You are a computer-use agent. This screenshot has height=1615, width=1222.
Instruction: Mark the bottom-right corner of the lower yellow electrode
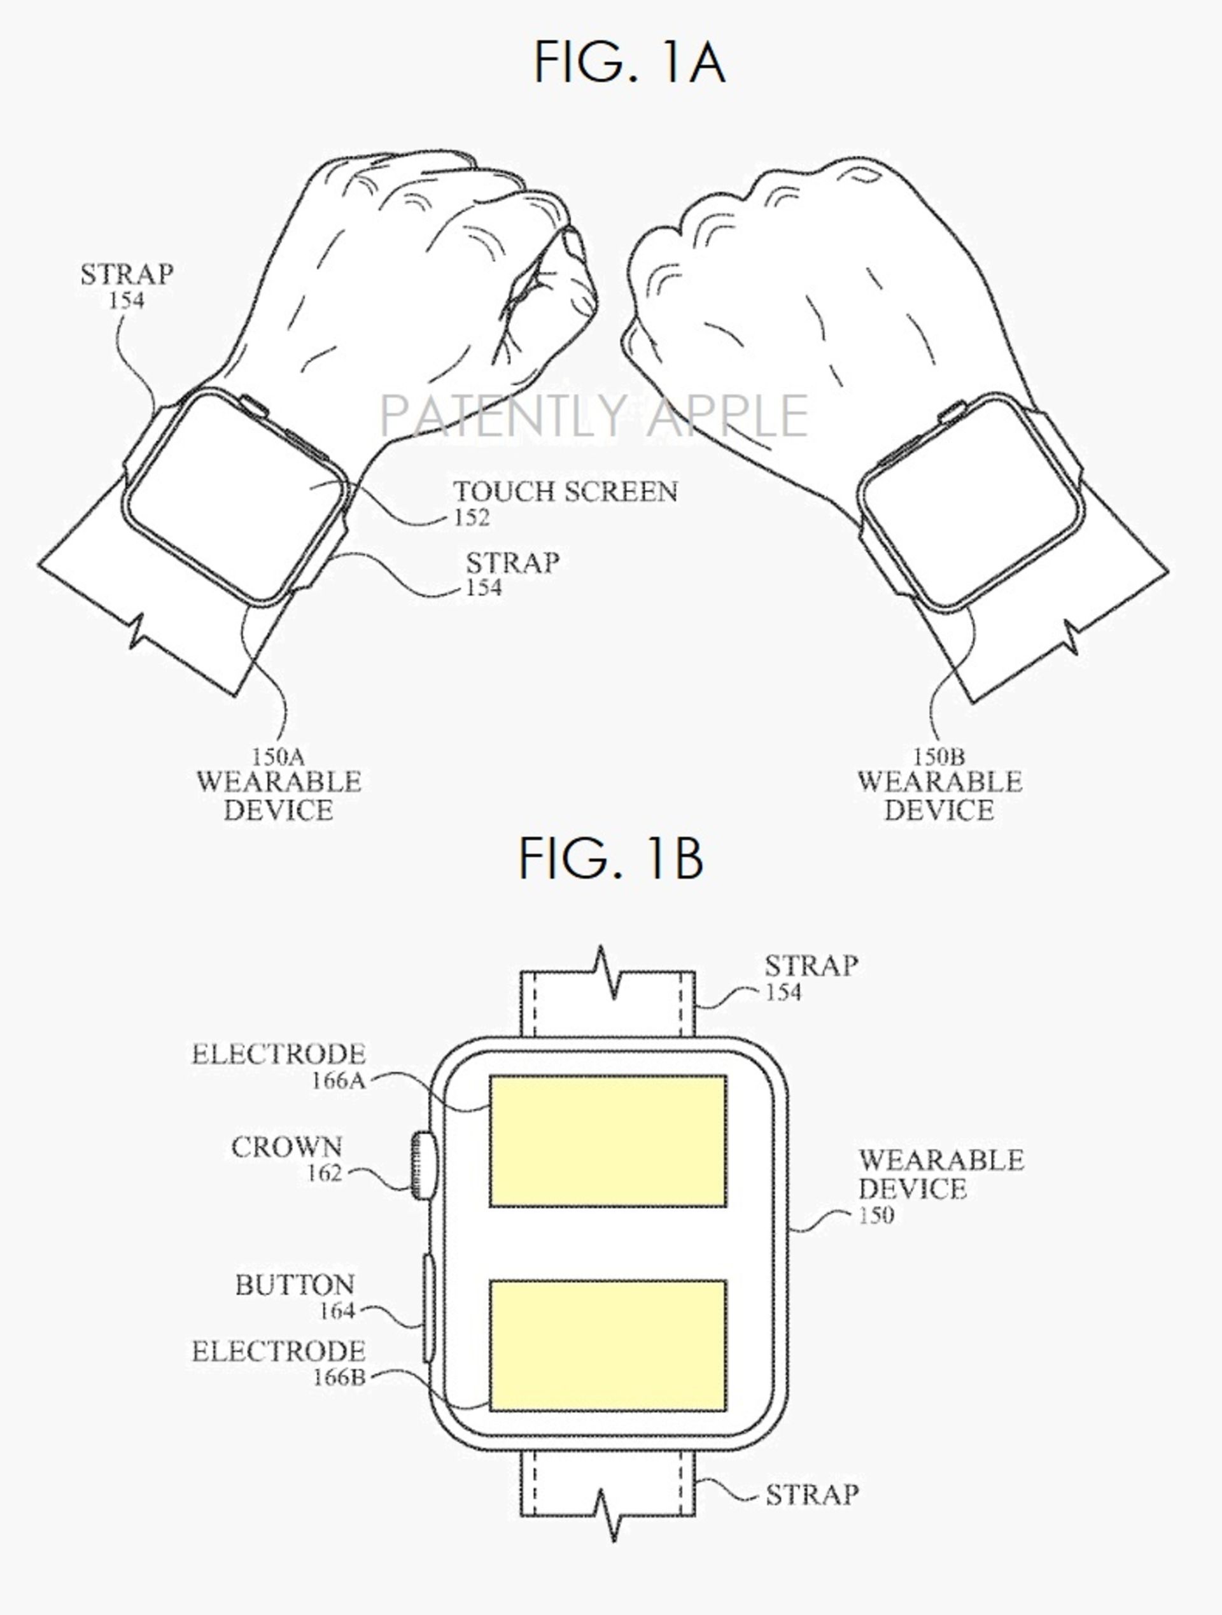coord(726,1411)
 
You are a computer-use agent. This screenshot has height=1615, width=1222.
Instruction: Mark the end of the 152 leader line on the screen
coord(309,488)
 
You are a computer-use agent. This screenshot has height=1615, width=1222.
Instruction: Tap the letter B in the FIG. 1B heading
coord(684,859)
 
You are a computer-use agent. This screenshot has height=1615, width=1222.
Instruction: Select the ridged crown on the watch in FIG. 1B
coord(421,1164)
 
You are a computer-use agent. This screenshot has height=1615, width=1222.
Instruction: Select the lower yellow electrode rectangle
coord(608,1346)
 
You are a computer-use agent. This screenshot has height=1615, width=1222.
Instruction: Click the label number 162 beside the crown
coord(324,1173)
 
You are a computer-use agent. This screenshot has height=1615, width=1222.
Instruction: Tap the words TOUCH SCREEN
coord(566,491)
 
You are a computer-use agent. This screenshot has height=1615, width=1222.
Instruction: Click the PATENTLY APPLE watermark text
coord(593,414)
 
